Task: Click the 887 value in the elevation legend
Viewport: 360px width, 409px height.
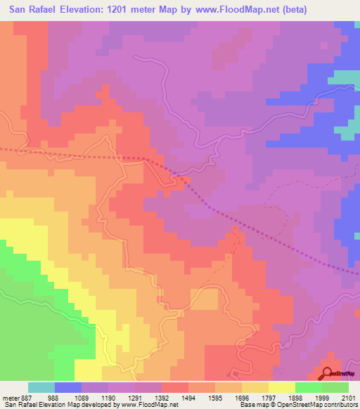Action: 20,397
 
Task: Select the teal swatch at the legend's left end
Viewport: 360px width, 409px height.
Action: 41,387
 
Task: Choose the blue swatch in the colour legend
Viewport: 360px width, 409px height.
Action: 67,387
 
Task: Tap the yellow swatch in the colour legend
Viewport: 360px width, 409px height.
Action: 281,387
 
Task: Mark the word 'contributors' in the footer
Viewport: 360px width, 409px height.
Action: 340,405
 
